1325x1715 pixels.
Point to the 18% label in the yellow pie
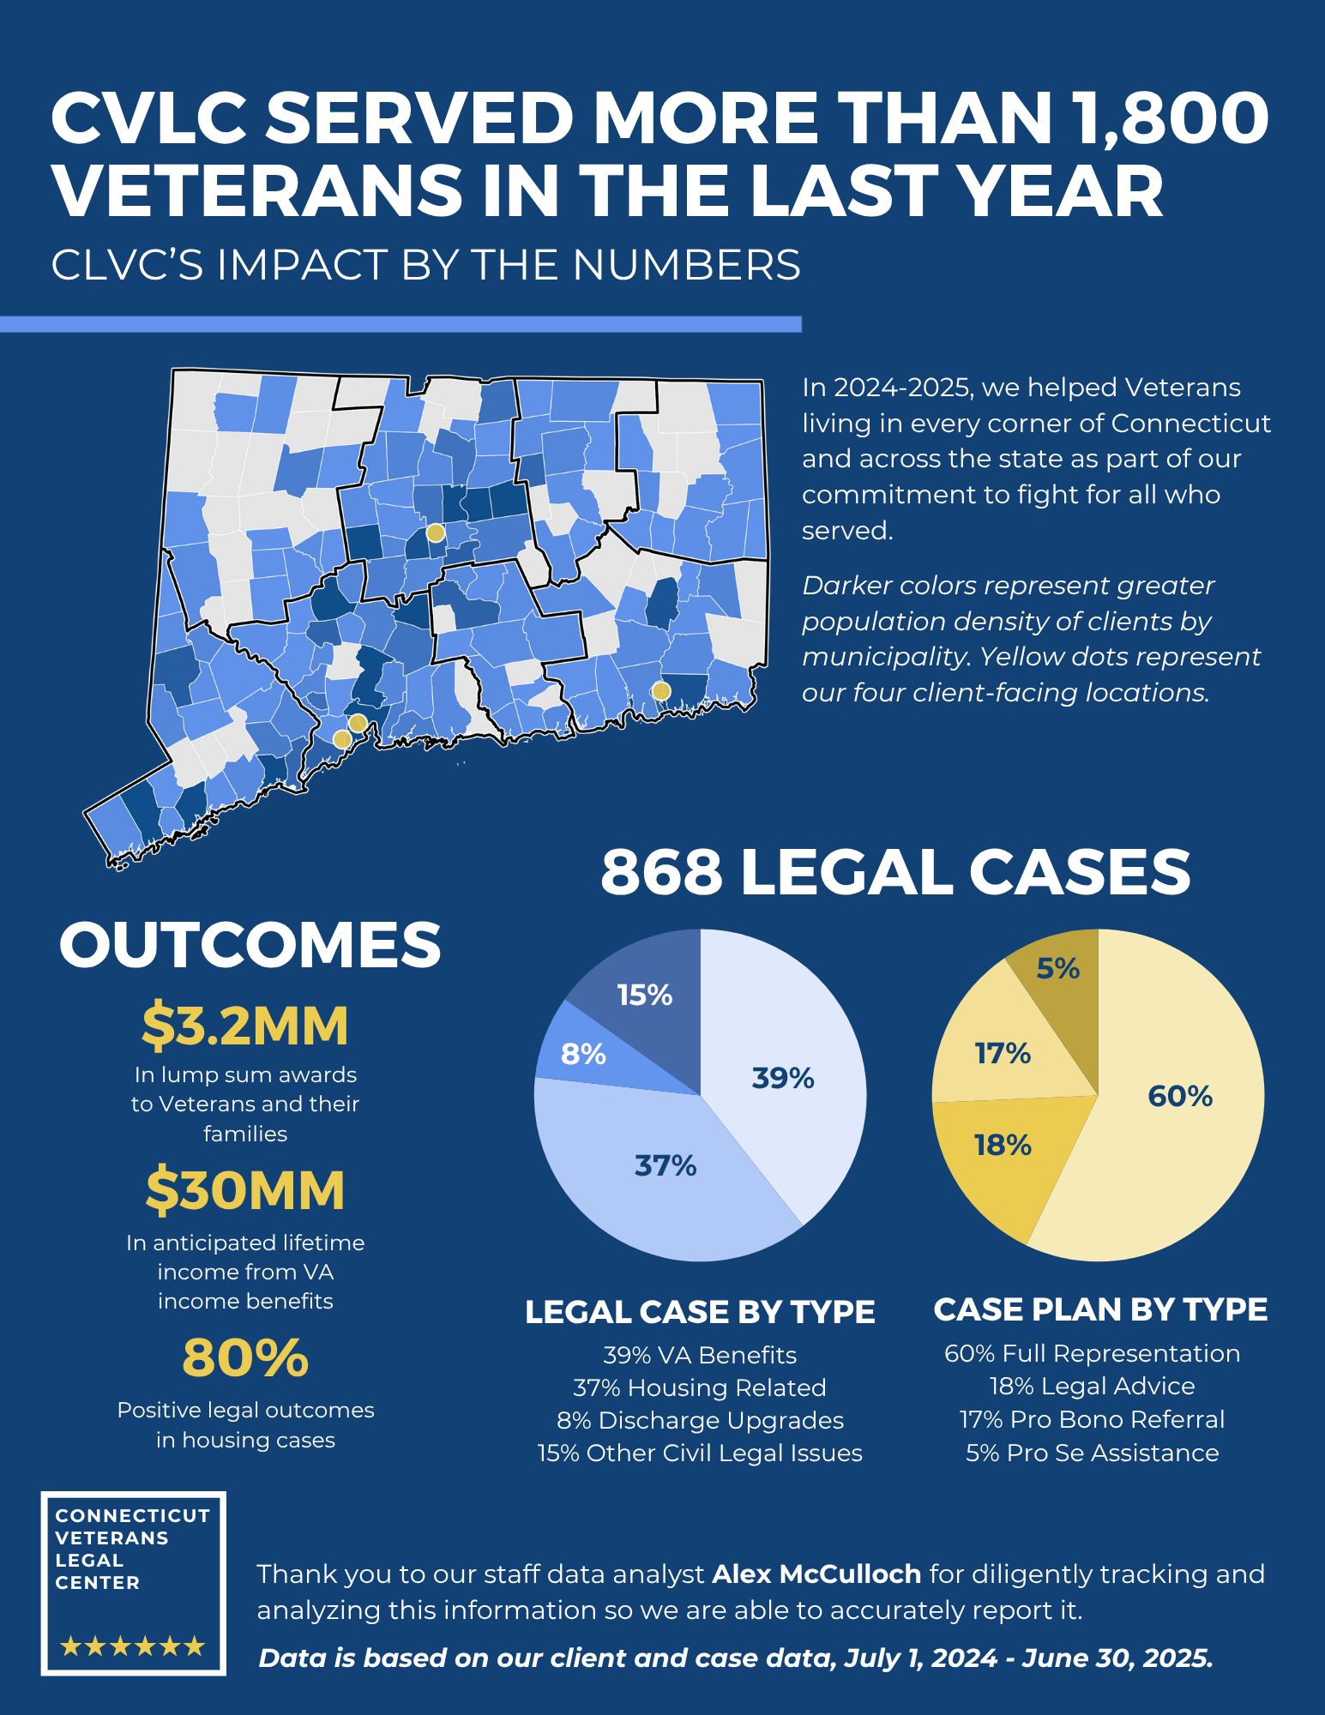1002,1146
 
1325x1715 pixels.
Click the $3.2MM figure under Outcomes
245,1026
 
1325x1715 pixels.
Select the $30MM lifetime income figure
245,1191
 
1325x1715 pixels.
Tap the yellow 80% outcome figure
245,1358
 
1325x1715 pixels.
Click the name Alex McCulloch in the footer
816,1574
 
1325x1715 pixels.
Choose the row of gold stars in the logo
133,1646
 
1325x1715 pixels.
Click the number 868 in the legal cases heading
661,872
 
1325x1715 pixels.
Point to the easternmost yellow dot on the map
660,691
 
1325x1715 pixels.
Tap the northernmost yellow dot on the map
436,533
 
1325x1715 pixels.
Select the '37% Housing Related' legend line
700,1387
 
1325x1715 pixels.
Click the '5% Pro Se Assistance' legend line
1092,1453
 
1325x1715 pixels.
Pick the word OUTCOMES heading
250,945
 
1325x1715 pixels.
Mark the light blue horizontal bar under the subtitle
401,324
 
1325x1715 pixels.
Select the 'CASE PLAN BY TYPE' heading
1100,1309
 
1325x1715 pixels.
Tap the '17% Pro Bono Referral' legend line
1092,1419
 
